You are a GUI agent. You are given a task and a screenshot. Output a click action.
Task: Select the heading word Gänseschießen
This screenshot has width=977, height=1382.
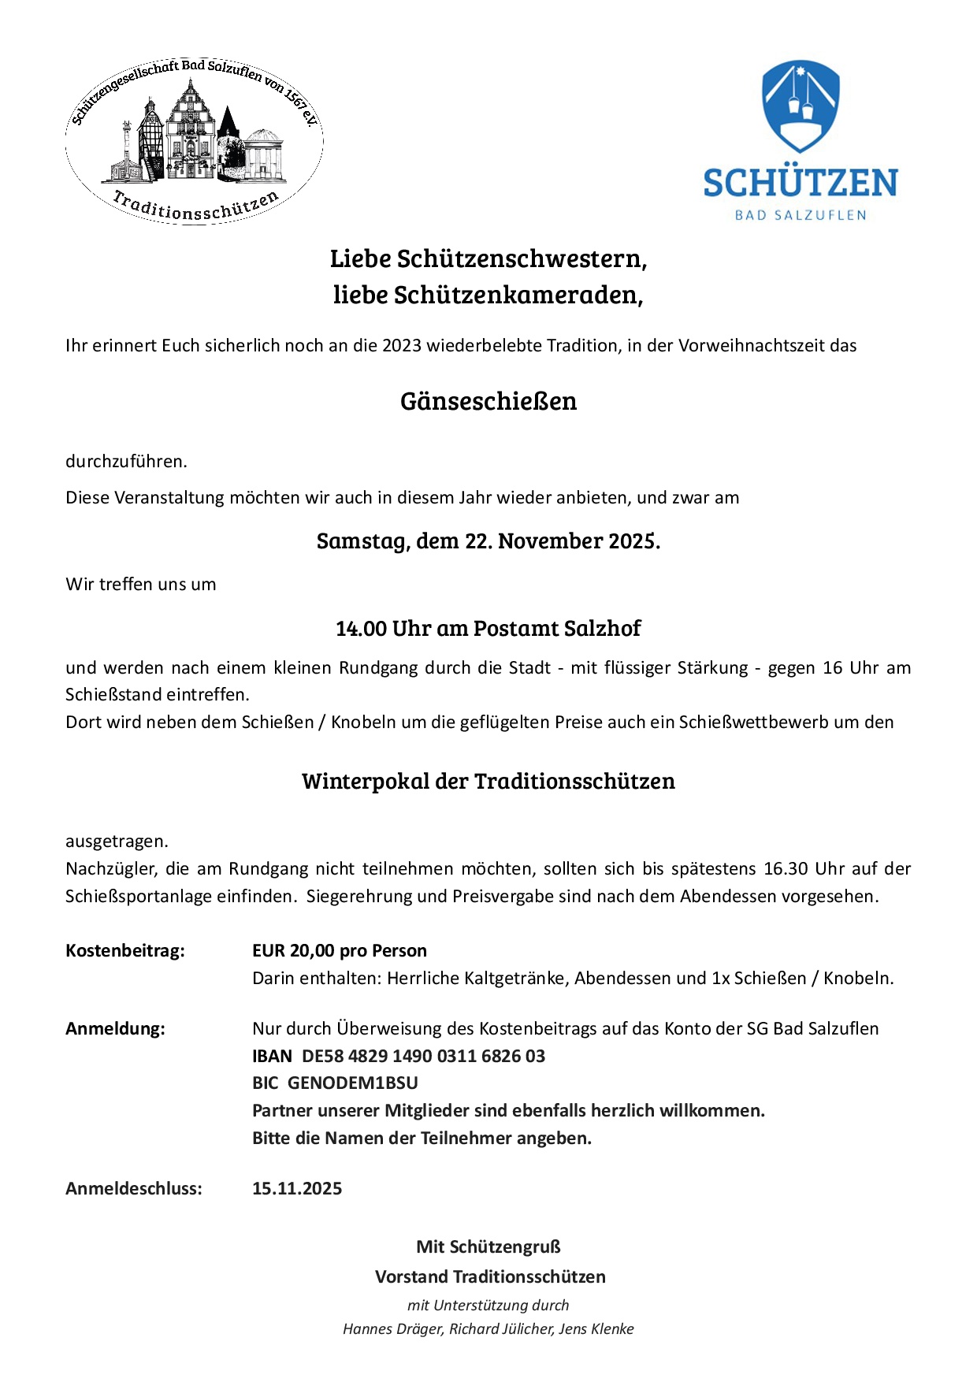(489, 401)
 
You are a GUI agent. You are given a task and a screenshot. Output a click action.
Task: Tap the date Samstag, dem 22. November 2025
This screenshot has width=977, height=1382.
(489, 541)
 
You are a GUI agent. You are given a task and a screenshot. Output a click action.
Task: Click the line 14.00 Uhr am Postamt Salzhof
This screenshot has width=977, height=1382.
(489, 629)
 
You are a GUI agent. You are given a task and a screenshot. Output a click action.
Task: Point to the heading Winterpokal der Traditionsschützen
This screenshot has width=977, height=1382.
(489, 782)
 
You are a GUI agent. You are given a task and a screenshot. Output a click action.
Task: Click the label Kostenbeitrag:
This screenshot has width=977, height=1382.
(125, 951)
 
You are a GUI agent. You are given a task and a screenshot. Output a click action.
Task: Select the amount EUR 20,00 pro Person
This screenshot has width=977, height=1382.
(340, 951)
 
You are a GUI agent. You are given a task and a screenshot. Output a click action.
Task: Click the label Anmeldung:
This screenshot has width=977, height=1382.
(116, 1029)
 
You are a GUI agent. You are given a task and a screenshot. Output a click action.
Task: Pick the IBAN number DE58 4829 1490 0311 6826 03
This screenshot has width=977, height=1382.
(424, 1057)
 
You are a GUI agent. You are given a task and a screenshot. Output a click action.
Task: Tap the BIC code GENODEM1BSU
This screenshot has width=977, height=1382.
(353, 1083)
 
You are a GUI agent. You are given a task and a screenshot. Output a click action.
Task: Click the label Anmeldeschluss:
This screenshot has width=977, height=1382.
(134, 1189)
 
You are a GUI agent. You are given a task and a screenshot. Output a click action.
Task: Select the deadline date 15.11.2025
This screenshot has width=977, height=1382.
(297, 1189)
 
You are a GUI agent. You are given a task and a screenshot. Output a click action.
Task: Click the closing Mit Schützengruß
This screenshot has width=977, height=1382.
(489, 1247)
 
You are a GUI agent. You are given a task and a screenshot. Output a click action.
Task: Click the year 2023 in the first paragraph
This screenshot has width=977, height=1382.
(402, 346)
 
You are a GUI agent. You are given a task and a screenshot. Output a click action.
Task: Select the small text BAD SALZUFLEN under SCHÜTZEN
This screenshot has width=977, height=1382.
(801, 215)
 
